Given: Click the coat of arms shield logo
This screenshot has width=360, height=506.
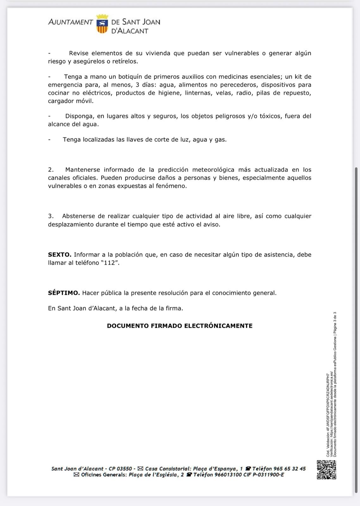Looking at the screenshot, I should (102, 24).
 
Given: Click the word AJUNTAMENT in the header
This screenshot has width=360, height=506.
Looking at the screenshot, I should (71, 22).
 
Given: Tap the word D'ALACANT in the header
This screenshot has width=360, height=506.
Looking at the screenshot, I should (130, 31).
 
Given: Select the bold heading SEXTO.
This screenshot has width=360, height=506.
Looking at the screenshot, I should (59, 255).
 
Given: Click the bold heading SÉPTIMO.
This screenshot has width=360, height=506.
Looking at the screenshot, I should (64, 293).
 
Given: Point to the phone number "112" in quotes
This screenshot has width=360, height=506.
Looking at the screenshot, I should (110, 263).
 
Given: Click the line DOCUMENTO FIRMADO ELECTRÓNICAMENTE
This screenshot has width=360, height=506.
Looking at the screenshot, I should (180, 326).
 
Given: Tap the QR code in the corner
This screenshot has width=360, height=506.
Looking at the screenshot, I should (326, 470).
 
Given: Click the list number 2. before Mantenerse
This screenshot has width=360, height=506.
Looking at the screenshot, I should (51, 170).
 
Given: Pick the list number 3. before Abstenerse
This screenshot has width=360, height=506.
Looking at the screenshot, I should (51, 216).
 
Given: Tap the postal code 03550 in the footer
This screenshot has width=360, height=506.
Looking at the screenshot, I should (124, 469).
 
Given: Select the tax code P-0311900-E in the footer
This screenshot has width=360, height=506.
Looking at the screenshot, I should (269, 475).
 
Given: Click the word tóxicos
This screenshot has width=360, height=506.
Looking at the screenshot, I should (270, 116).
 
